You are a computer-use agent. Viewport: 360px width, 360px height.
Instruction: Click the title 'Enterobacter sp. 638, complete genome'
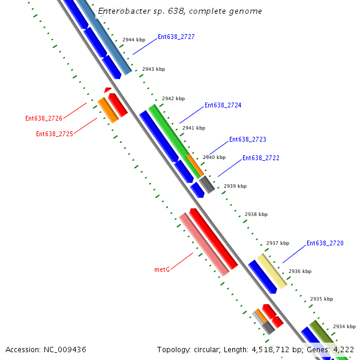pyautogui.click(x=179, y=11)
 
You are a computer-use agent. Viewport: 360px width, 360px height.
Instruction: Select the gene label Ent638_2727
pyautogui.click(x=176, y=37)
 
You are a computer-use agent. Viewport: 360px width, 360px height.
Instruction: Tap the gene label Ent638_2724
pyautogui.click(x=223, y=105)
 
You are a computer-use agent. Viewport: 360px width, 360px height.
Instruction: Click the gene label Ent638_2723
pyautogui.click(x=247, y=139)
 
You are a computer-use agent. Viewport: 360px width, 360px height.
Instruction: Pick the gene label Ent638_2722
pyautogui.click(x=260, y=158)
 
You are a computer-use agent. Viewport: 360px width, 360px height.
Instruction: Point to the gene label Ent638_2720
pyautogui.click(x=325, y=243)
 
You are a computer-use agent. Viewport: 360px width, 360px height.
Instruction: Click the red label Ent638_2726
pyautogui.click(x=44, y=118)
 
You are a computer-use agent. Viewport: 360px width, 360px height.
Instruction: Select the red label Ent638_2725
pyautogui.click(x=55, y=134)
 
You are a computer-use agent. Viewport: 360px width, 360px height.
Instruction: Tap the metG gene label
pyautogui.click(x=162, y=269)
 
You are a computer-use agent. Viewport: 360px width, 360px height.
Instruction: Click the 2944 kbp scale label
pyautogui.click(x=134, y=40)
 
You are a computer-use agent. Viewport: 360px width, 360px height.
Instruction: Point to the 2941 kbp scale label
pyautogui.click(x=193, y=128)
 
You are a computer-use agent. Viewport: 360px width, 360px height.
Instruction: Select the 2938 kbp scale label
pyautogui.click(x=256, y=214)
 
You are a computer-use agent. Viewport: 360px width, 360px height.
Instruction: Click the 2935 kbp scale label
pyautogui.click(x=321, y=299)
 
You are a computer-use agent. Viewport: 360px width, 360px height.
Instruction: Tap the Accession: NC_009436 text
pyautogui.click(x=46, y=349)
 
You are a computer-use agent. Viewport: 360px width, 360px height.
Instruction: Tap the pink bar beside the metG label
pyautogui.click(x=204, y=245)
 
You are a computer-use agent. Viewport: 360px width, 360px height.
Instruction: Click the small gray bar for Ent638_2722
pyautogui.click(x=207, y=184)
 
